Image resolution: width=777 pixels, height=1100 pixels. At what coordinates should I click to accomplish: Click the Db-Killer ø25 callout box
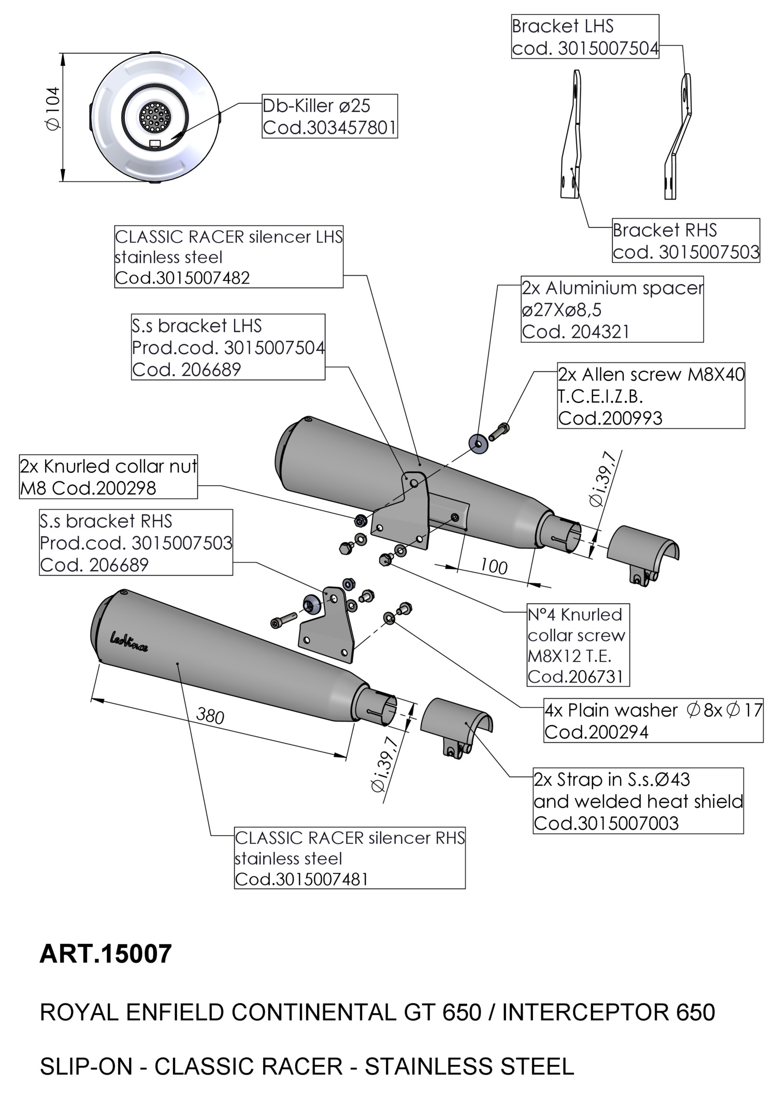[x=329, y=116]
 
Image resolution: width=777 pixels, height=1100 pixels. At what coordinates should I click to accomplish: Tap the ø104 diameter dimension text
[x=53, y=109]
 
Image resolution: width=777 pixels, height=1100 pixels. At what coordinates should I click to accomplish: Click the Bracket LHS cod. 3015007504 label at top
[x=585, y=37]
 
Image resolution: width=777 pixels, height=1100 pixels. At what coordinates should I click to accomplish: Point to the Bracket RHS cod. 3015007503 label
[x=686, y=241]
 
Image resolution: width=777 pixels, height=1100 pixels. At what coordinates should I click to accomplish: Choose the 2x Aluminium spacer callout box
[x=612, y=309]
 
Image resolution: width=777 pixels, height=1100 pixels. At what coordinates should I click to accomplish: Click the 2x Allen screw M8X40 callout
[x=651, y=396]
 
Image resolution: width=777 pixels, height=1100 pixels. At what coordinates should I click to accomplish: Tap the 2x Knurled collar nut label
[x=108, y=477]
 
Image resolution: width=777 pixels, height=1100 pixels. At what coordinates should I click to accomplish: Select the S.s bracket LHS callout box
[x=228, y=347]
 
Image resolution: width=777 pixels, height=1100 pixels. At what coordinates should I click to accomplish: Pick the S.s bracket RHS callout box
[x=136, y=542]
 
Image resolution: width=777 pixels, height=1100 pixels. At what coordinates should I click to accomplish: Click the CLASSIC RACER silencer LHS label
[x=228, y=257]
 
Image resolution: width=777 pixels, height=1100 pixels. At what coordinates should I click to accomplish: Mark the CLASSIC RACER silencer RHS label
[x=350, y=858]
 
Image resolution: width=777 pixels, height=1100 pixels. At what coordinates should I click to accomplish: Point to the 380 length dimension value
[x=210, y=716]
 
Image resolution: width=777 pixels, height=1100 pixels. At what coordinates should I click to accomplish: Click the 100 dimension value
[x=494, y=567]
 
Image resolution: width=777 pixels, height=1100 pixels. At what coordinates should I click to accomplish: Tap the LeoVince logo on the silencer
[x=129, y=642]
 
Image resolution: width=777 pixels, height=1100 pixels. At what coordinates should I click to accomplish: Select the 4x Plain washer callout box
[x=653, y=721]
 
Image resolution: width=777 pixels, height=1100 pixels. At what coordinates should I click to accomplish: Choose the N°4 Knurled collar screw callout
[x=578, y=645]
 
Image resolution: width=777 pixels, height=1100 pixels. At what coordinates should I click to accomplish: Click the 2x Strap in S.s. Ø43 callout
[x=638, y=801]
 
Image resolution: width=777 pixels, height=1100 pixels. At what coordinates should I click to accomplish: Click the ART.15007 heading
[x=106, y=954]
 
